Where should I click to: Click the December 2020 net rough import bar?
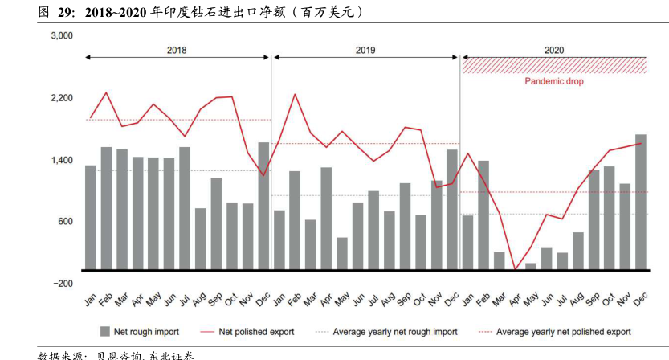[x=640, y=202]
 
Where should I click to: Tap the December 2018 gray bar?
[x=263, y=206]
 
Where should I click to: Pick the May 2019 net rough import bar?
[x=342, y=253]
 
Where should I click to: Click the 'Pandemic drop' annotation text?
[x=554, y=81]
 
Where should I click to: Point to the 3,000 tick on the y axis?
[x=62, y=36]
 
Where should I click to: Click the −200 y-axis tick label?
[x=62, y=284]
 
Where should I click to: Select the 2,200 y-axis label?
[x=62, y=98]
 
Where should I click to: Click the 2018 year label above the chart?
[x=177, y=50]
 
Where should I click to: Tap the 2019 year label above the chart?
[x=365, y=50]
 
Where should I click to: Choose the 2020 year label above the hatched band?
[x=554, y=50]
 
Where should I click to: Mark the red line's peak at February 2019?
[x=295, y=95]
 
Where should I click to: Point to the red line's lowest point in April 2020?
[x=515, y=269]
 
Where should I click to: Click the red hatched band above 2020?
[x=554, y=65]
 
